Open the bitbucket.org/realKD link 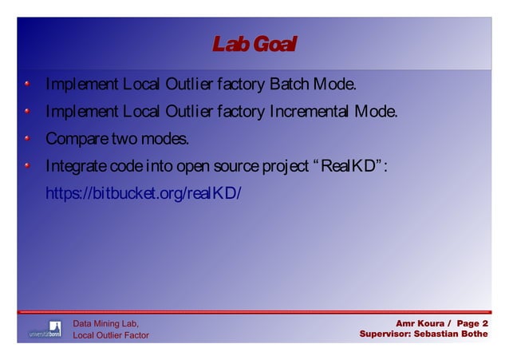[x=143, y=194]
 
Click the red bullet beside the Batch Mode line [x=27, y=84]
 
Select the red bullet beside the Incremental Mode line [x=27, y=111]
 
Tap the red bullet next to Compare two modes [x=27, y=139]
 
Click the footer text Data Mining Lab [x=106, y=322]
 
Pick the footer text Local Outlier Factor [x=111, y=335]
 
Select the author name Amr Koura [x=420, y=322]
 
